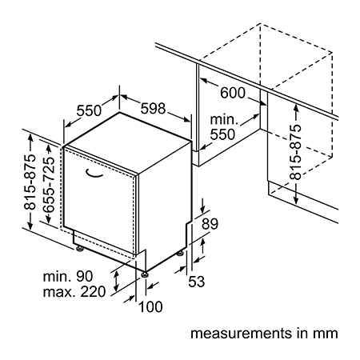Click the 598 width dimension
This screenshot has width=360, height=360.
(x=153, y=109)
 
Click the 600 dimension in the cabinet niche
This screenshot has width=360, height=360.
(x=233, y=93)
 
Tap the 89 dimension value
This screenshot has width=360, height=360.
(x=210, y=224)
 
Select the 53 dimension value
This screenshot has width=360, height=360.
(x=197, y=282)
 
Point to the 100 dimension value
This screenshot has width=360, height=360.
(x=150, y=306)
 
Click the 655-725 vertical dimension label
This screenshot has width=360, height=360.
(x=49, y=185)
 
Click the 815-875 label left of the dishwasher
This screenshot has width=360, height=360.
(x=30, y=182)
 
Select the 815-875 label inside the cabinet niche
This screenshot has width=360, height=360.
(x=295, y=152)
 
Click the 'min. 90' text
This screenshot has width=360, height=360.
(x=68, y=276)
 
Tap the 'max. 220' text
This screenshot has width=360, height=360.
(x=74, y=292)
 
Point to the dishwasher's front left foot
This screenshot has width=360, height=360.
(x=79, y=249)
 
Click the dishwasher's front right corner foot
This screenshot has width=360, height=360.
(x=145, y=274)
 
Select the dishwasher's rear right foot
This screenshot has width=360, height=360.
(x=180, y=253)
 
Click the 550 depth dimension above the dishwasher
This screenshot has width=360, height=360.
(x=89, y=110)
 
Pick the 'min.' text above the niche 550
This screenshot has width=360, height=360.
(x=224, y=119)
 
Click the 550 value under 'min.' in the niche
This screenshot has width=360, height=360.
(x=222, y=134)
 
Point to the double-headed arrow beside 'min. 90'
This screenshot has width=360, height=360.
(x=116, y=282)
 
